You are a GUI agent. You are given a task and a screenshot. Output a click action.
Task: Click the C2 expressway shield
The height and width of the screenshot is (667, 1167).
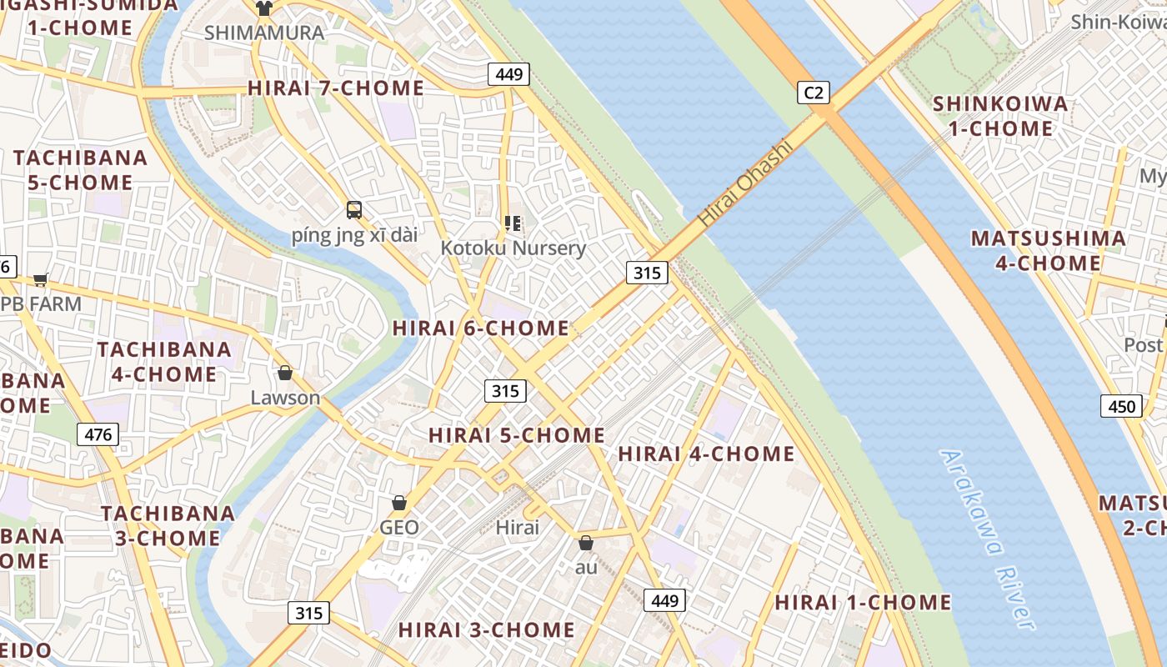(814, 93)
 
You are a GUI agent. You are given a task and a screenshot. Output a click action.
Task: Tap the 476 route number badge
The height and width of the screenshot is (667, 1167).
(98, 434)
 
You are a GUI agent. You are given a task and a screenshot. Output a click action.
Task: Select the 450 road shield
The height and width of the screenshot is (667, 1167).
(1121, 406)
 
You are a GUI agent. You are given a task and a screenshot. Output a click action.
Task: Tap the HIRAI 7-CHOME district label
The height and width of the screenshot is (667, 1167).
(336, 88)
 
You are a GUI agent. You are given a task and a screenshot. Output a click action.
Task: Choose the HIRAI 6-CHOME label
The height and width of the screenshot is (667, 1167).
(481, 328)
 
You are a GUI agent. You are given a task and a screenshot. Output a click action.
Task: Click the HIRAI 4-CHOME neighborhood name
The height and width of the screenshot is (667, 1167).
(706, 454)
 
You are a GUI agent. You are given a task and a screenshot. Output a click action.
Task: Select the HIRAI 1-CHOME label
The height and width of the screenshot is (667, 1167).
(863, 602)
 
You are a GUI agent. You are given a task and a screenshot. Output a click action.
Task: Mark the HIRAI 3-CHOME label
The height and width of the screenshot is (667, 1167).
(486, 629)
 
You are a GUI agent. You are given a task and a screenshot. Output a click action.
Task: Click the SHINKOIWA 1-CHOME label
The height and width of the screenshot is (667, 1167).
(999, 116)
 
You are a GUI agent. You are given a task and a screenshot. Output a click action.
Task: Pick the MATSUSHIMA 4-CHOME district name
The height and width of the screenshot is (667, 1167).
(1048, 251)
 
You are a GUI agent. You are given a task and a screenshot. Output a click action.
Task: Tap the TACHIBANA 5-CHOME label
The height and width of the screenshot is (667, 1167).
(80, 170)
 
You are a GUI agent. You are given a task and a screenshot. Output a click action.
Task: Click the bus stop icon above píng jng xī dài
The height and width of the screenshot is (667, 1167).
(354, 210)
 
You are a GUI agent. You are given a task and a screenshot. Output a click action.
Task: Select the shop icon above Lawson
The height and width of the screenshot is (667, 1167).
(285, 373)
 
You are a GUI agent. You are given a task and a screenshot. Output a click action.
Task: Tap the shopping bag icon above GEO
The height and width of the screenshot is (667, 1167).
(399, 503)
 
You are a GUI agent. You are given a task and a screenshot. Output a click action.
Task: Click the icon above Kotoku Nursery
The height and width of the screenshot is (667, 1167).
(513, 223)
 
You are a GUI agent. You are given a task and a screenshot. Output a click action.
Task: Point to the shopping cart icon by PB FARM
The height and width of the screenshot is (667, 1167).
(41, 280)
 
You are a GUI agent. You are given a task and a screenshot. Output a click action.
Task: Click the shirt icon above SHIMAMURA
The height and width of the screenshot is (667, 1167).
(264, 8)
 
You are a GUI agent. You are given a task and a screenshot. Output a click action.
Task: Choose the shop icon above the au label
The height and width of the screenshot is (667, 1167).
(586, 543)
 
